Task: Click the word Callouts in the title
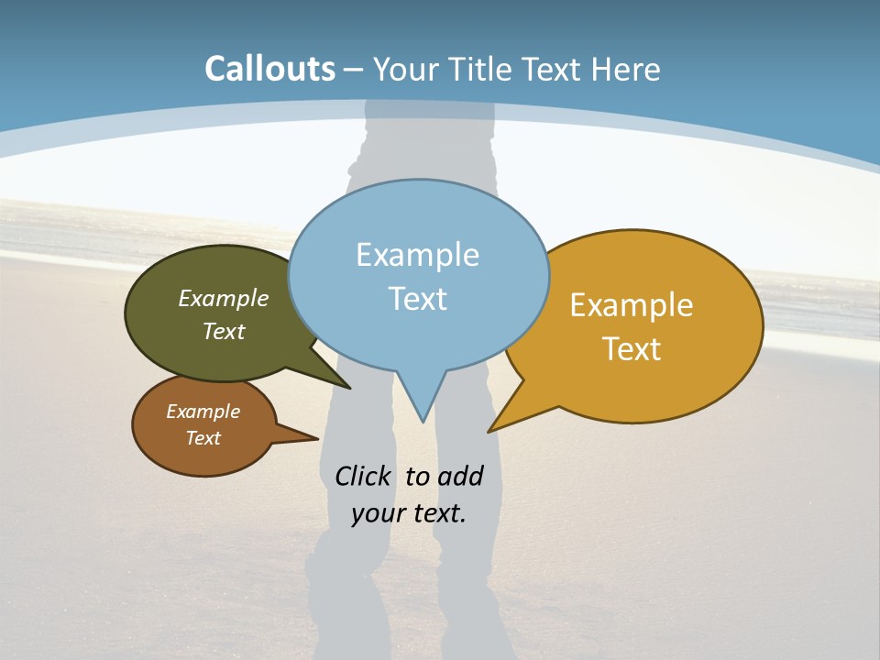269,69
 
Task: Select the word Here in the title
627,69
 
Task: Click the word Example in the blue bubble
417,254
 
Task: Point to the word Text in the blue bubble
417,298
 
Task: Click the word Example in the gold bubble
632,304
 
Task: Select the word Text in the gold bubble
632,348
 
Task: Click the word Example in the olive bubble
224,298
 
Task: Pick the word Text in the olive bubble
224,331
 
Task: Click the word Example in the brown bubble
203,412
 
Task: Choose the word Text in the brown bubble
203,438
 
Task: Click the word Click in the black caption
362,476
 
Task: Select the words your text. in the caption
408,512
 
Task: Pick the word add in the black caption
460,476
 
